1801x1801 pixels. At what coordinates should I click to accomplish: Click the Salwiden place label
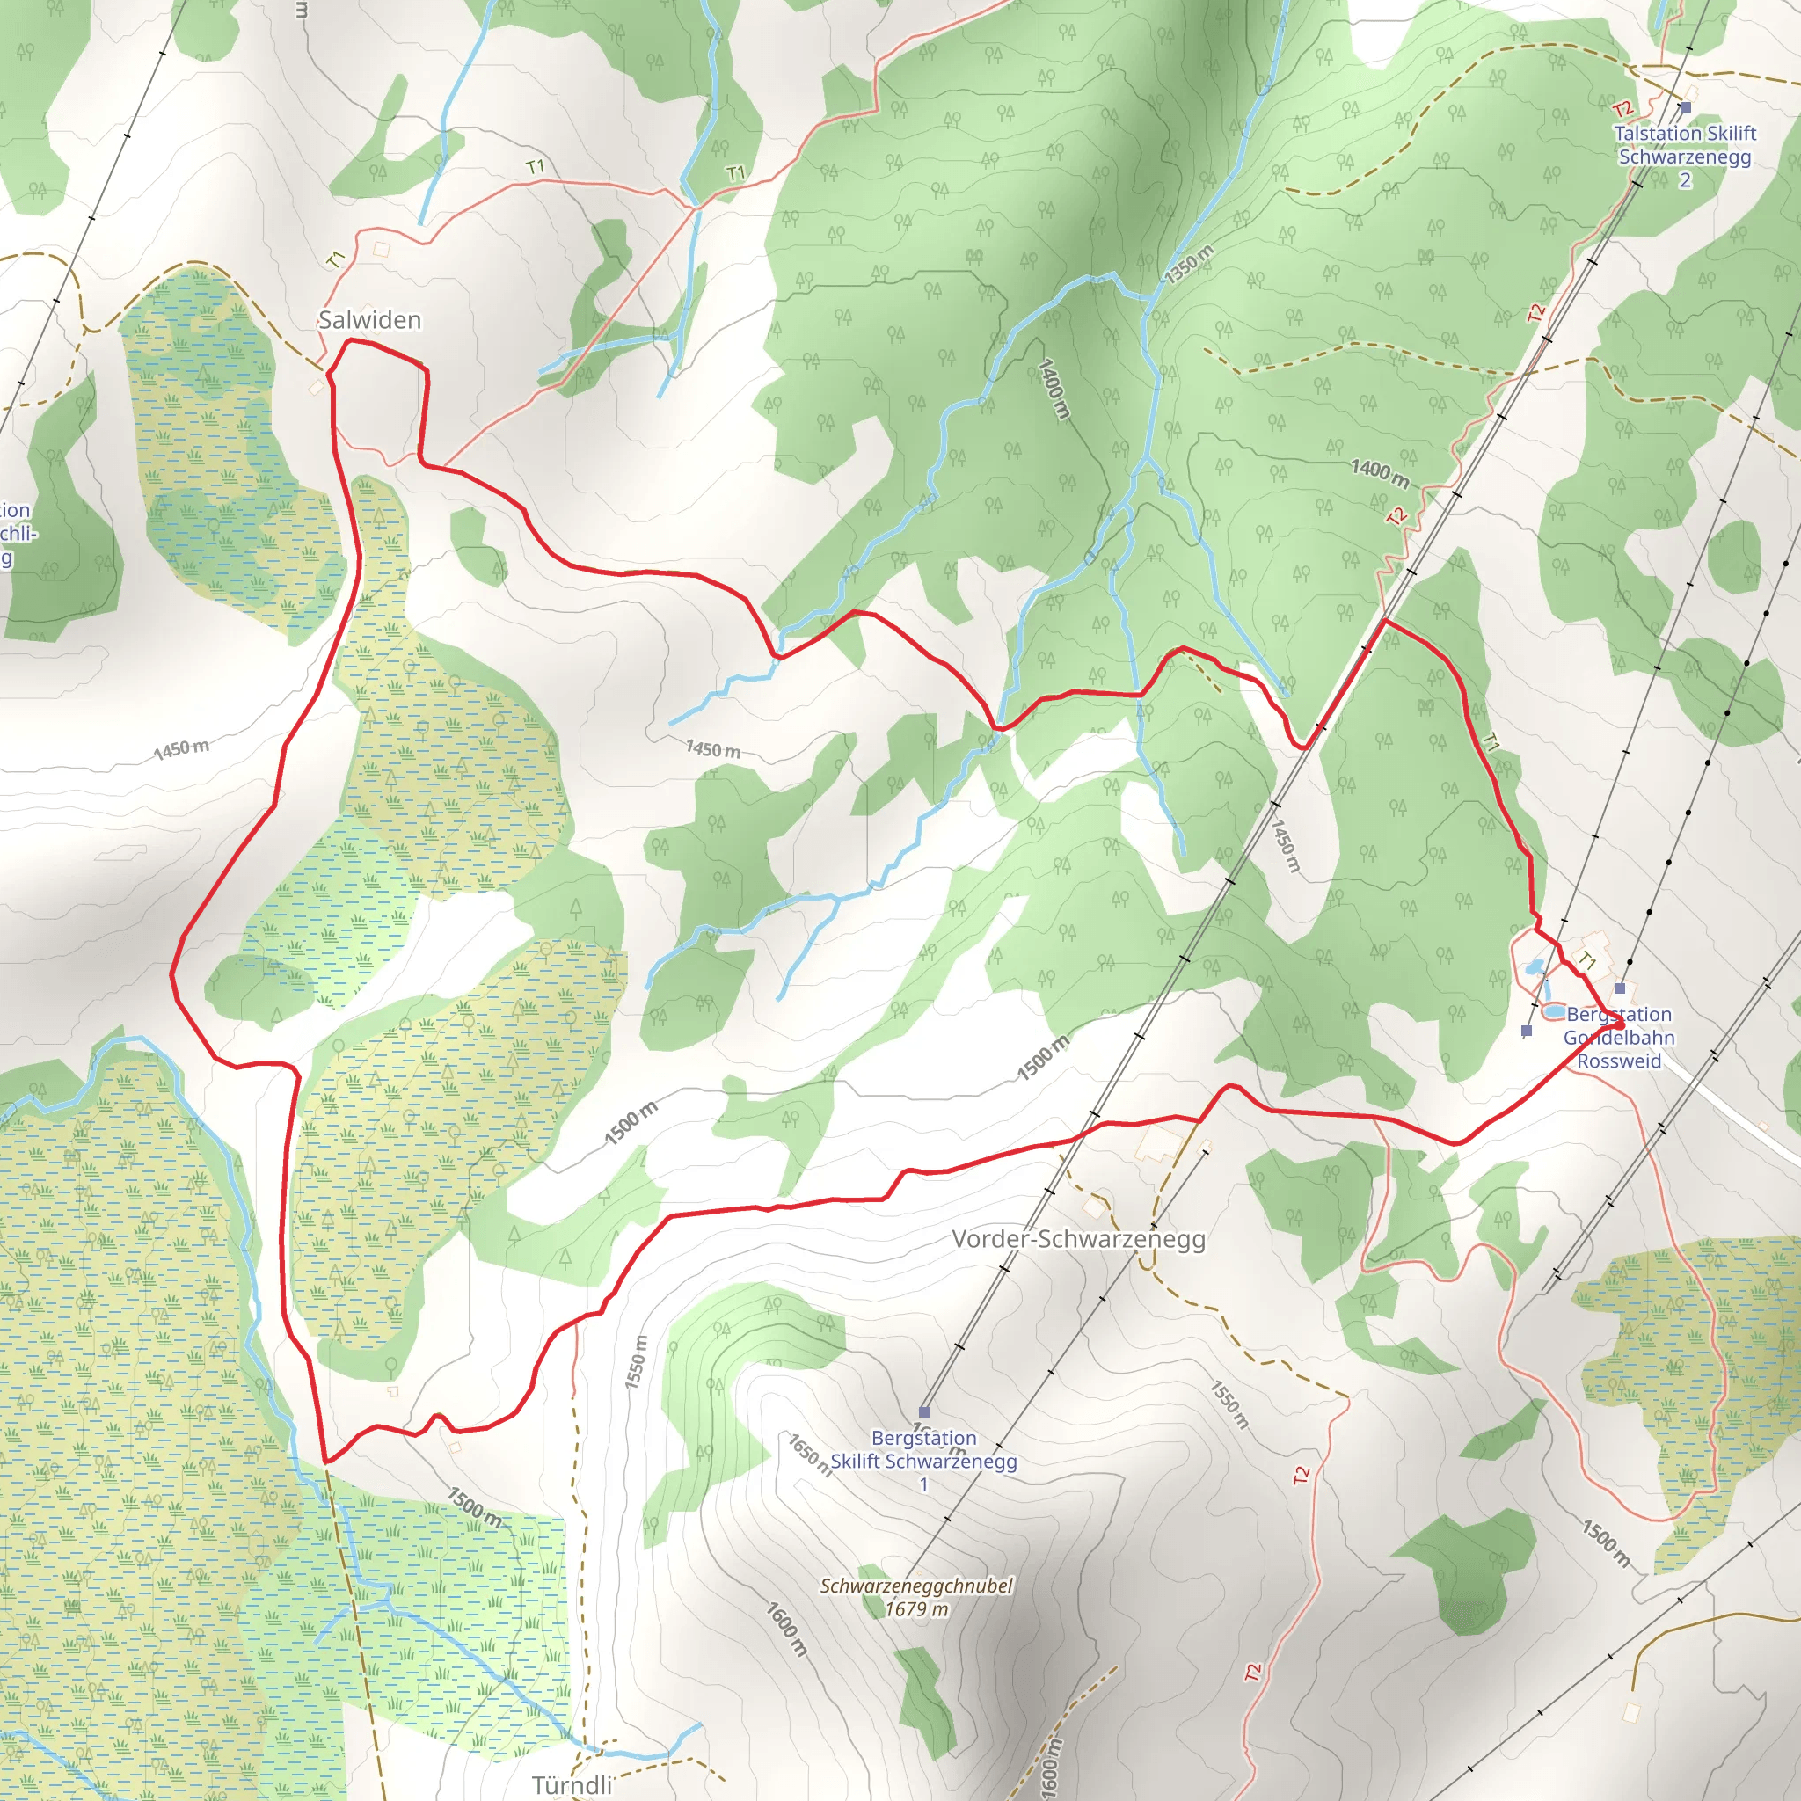pos(370,320)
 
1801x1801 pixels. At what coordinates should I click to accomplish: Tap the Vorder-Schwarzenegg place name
pos(1078,1239)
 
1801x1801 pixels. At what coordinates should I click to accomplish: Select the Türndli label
pos(572,1784)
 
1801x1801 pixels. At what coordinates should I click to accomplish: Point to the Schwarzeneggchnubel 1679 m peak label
pos(916,1597)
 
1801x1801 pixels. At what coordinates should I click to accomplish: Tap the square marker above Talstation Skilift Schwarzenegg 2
pos(1686,108)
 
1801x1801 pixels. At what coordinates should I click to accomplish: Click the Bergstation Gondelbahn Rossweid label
pos(1619,1038)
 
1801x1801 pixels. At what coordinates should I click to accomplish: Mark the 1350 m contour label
pos(1189,265)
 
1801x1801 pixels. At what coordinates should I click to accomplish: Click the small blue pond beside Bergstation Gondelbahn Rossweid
pos(1554,1010)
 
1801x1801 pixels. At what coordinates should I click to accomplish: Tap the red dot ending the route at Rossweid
pos(1620,1025)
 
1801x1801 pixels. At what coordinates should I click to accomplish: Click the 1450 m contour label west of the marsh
pos(181,748)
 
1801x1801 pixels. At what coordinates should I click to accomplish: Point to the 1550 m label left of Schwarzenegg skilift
pos(636,1362)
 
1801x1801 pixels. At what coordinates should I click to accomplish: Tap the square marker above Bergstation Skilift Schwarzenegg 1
pos(924,1411)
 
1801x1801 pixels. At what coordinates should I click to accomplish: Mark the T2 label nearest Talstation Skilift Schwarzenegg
pos(1623,110)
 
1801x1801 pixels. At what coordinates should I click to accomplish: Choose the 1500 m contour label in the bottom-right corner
pos(1605,1542)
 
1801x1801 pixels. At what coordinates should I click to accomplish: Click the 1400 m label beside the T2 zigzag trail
pos(1380,472)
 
